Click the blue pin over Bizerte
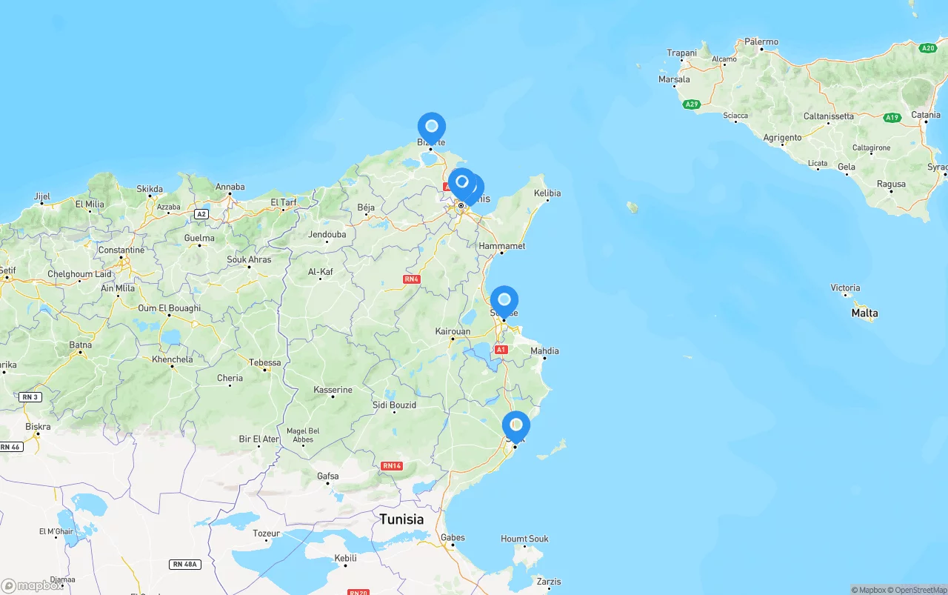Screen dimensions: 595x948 tap(432, 127)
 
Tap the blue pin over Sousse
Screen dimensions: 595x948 tap(504, 301)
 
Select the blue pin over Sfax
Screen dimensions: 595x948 tap(516, 426)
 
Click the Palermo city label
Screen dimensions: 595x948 tap(761, 42)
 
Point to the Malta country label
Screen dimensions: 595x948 tap(864, 313)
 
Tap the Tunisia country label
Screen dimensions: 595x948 tap(401, 519)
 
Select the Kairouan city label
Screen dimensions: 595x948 tap(453, 331)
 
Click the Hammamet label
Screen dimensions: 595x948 tap(502, 246)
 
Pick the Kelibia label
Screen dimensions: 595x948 tap(547, 193)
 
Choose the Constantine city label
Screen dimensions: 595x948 tap(121, 250)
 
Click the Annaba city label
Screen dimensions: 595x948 tap(230, 187)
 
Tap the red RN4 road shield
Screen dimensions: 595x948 tap(412, 279)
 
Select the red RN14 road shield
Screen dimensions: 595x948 tap(391, 466)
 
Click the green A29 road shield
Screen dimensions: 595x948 tap(692, 104)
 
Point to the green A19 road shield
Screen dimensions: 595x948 tap(892, 118)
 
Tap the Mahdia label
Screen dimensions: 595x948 tap(544, 350)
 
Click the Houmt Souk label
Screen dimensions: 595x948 tap(524, 539)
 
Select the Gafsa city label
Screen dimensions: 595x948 tap(327, 476)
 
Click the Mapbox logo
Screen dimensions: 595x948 tap(31, 585)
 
